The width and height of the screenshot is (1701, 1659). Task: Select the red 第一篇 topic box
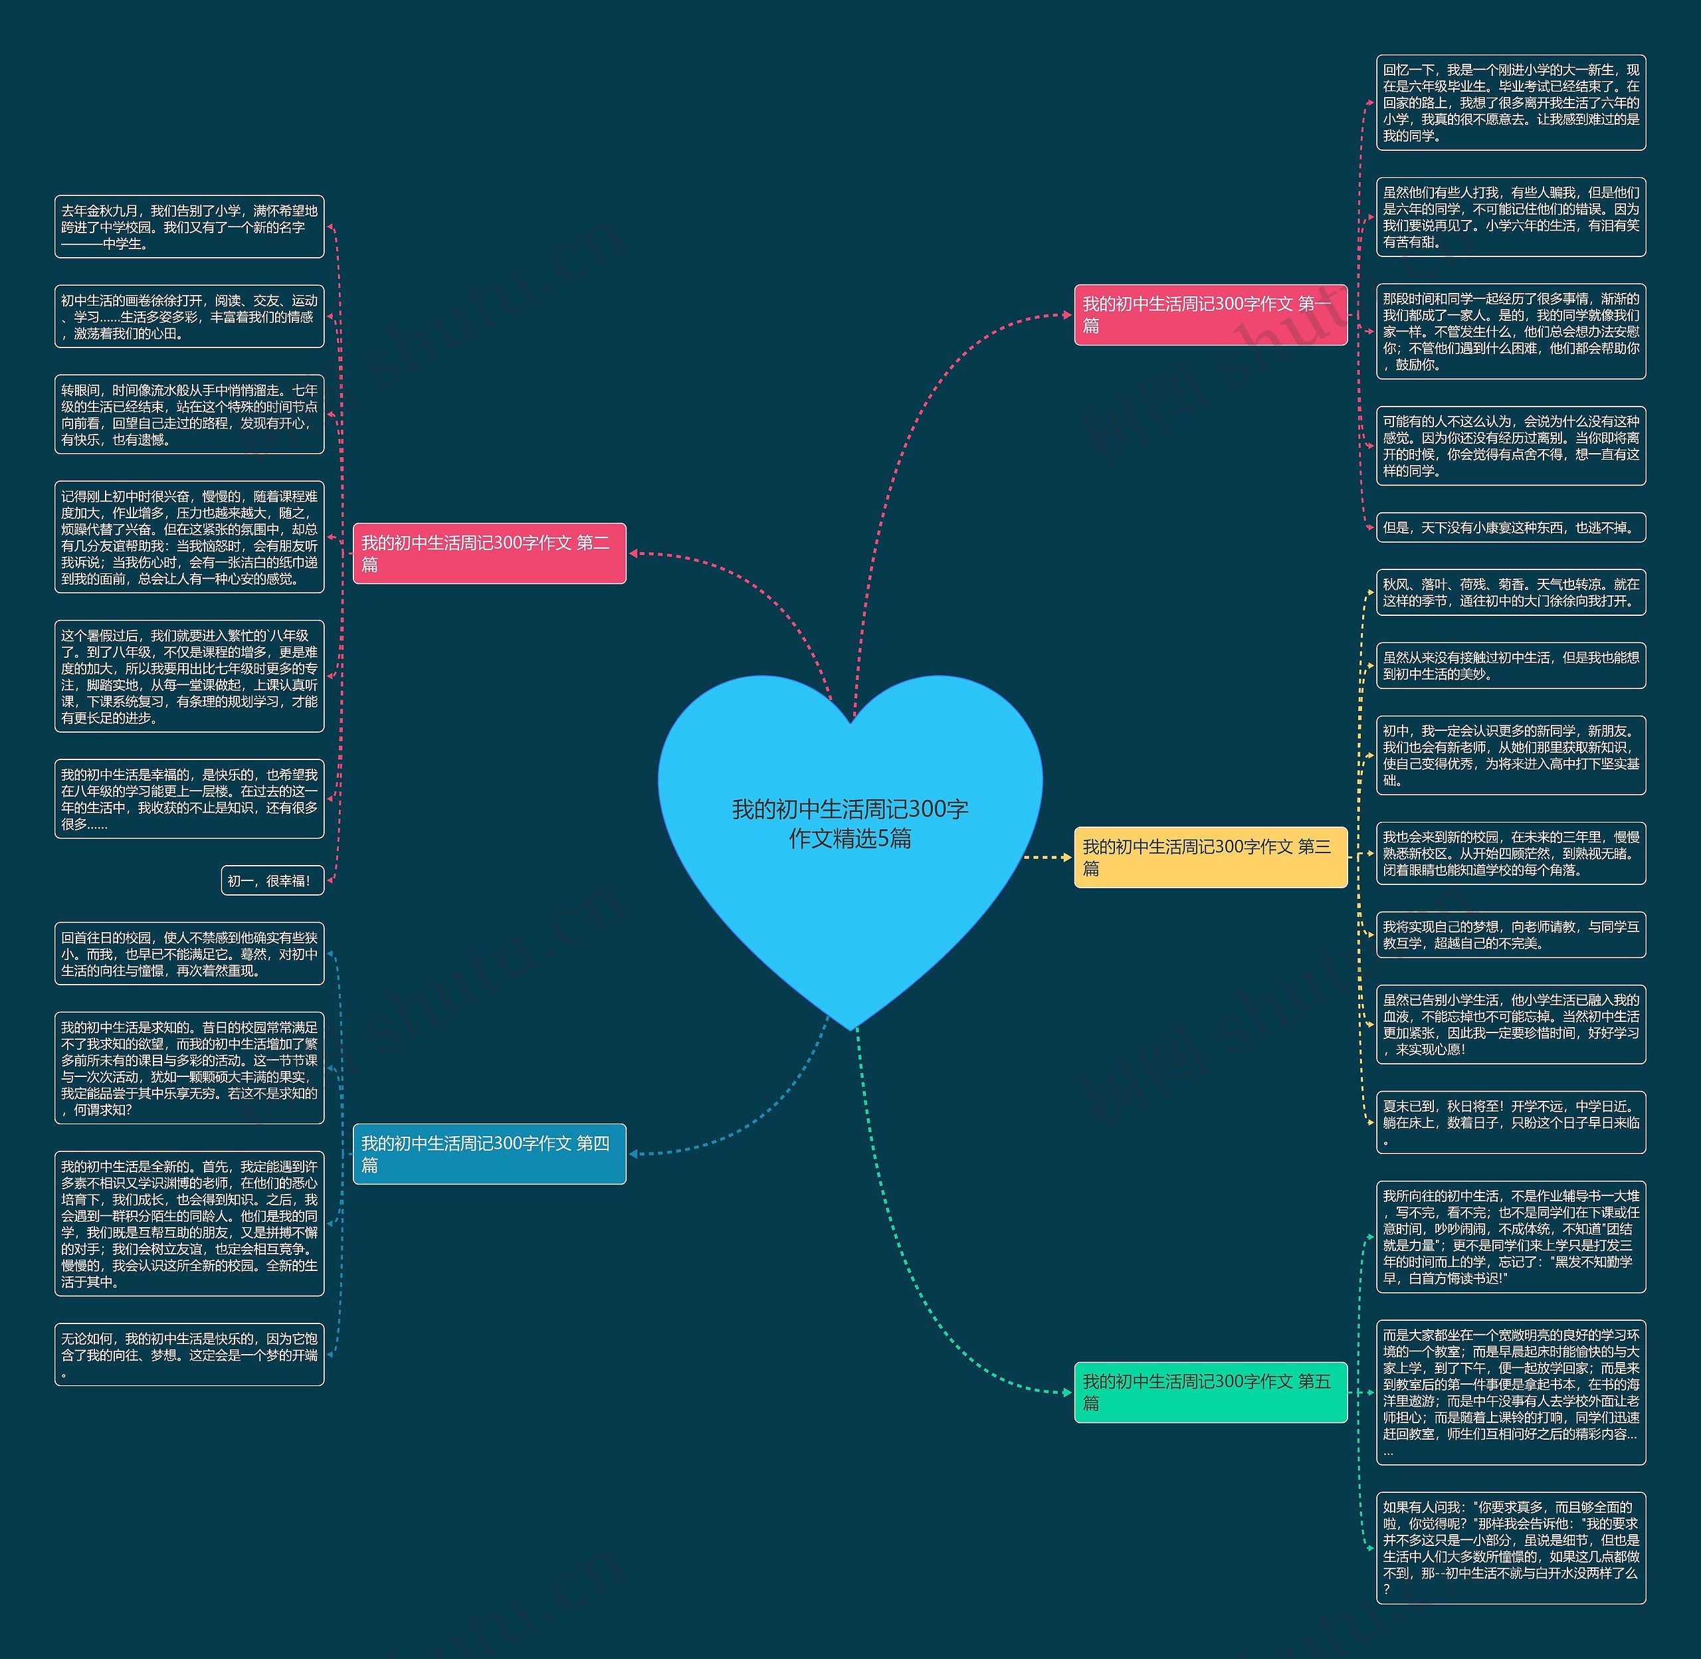point(1209,314)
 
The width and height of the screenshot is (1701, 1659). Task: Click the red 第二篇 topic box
point(489,553)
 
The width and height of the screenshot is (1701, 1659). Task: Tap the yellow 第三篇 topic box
point(1209,857)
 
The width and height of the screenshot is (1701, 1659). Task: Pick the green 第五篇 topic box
point(1209,1391)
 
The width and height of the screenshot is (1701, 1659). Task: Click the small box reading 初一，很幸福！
point(272,881)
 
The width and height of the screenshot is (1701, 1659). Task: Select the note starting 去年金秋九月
point(189,227)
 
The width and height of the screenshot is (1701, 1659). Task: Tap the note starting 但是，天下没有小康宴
point(1510,527)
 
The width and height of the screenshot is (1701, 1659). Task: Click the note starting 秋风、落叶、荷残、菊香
point(1510,593)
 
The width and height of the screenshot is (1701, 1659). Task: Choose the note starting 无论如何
point(189,1355)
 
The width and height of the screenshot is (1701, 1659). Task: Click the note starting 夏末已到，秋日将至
point(1510,1122)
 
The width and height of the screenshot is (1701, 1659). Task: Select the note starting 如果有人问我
point(1510,1547)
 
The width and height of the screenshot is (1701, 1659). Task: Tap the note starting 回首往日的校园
point(189,954)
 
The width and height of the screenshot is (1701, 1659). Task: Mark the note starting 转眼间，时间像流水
point(189,415)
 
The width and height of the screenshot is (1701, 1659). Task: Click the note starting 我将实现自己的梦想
point(1510,934)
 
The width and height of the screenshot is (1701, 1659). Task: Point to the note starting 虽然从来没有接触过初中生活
point(1510,666)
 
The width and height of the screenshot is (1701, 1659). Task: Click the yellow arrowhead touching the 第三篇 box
point(1066,857)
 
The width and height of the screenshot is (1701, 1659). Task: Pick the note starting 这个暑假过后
point(189,676)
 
